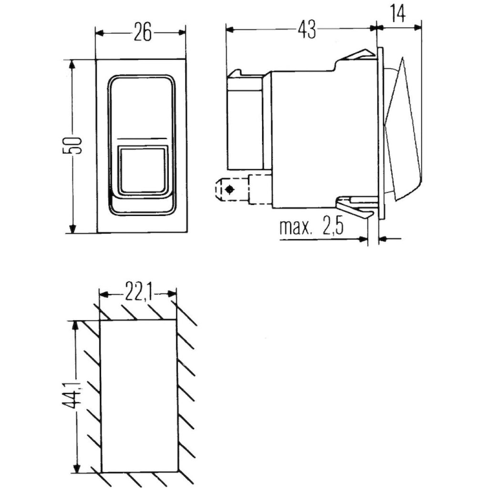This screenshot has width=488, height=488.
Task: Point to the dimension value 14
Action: [397, 14]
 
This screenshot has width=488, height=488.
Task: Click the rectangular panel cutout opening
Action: [139, 396]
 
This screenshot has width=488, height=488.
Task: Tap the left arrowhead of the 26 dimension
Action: [100, 32]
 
